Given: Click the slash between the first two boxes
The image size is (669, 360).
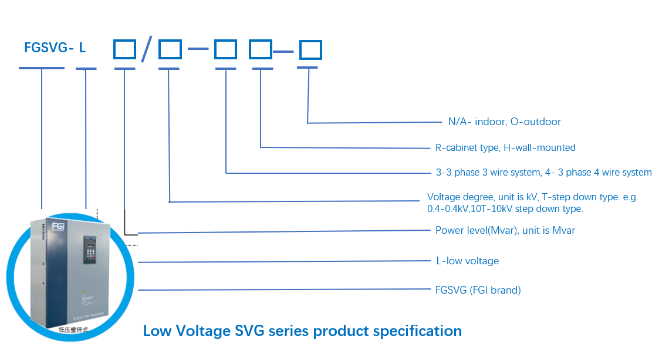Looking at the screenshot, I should click(147, 49).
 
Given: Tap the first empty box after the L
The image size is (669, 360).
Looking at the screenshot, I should click(124, 49).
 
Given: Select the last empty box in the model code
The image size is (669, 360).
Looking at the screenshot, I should click(310, 50).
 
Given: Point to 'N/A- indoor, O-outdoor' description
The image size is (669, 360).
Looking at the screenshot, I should click(504, 122).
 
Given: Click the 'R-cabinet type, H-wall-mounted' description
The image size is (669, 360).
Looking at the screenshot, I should click(505, 147).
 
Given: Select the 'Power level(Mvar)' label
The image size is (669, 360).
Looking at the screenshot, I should click(505, 230).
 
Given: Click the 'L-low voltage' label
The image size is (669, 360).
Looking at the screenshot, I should click(467, 261).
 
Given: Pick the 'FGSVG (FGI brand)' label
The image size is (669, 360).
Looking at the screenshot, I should click(478, 290).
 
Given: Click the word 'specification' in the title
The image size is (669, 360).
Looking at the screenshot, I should click(417, 331).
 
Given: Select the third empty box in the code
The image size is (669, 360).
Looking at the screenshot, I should click(225, 49).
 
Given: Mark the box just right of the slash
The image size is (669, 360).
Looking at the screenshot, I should click(170, 49).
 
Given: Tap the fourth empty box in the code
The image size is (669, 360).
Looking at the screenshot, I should click(261, 49).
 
